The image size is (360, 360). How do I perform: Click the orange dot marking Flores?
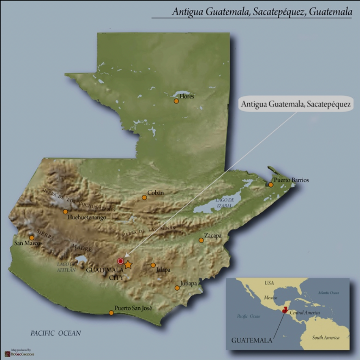(x=176, y=101)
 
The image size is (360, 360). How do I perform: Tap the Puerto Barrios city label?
(x=291, y=180)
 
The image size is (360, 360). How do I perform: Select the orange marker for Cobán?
(x=144, y=197)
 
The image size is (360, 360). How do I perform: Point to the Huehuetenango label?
(x=87, y=218)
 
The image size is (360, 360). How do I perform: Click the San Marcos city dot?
(x=32, y=238)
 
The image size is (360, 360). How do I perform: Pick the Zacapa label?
(x=213, y=235)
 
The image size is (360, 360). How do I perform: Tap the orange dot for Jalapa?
(x=153, y=265)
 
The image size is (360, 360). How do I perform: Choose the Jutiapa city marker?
(x=177, y=288)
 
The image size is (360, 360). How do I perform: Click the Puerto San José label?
(x=133, y=308)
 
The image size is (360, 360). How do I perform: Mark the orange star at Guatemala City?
(x=128, y=265)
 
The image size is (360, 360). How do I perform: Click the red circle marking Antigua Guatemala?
(x=120, y=261)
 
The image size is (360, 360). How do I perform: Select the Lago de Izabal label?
(x=225, y=203)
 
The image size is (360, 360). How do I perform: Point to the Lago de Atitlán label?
(x=66, y=267)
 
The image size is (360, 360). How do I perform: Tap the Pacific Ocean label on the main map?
(x=56, y=333)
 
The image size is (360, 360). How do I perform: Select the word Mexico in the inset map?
(x=270, y=297)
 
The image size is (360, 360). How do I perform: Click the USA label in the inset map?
(x=269, y=283)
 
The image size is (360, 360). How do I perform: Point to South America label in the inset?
(x=326, y=337)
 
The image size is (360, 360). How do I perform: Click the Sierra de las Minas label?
(x=148, y=231)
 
